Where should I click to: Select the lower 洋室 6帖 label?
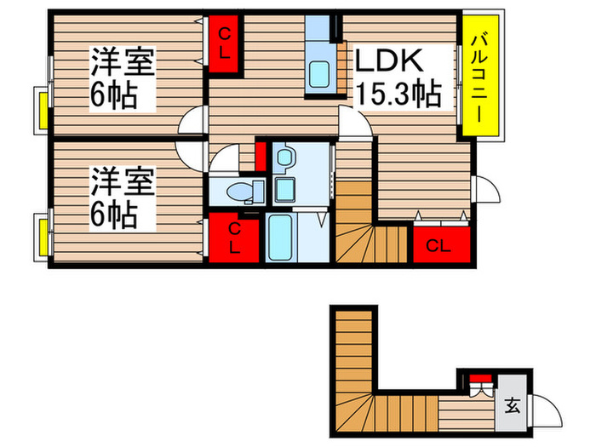coord(123,198)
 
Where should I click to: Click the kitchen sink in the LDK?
coord(322,73)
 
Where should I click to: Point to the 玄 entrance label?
coord(513,405)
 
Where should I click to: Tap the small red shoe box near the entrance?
coord(482,379)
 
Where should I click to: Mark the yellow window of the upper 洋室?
coord(41,109)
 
